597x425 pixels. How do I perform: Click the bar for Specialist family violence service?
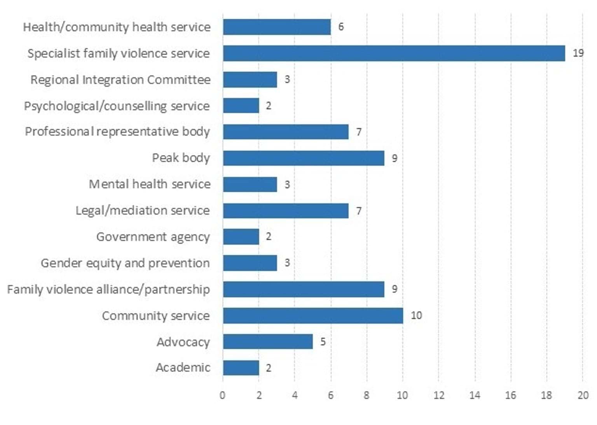point(394,53)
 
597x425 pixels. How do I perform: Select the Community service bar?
point(313,316)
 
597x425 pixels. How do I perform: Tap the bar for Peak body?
point(304,158)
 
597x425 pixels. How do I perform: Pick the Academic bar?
point(241,368)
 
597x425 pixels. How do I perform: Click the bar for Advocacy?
point(268,342)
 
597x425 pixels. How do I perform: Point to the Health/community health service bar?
point(277,27)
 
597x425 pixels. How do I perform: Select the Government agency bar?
point(241,236)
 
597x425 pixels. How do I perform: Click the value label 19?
point(578,53)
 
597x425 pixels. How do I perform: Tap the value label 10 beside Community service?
point(416,316)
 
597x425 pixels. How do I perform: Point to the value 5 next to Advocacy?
point(323,342)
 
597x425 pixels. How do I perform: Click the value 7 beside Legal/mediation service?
point(359,211)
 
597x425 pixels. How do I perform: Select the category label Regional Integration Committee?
point(120,80)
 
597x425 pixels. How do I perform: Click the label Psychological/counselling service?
point(117,106)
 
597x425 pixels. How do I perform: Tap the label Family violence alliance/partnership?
point(108,290)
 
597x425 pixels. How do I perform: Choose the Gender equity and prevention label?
point(125,263)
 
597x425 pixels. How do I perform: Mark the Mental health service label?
point(150,184)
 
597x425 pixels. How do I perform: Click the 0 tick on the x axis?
point(222,395)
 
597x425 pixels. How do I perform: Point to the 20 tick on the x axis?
point(583,395)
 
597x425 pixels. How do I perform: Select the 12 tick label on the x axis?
point(439,395)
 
